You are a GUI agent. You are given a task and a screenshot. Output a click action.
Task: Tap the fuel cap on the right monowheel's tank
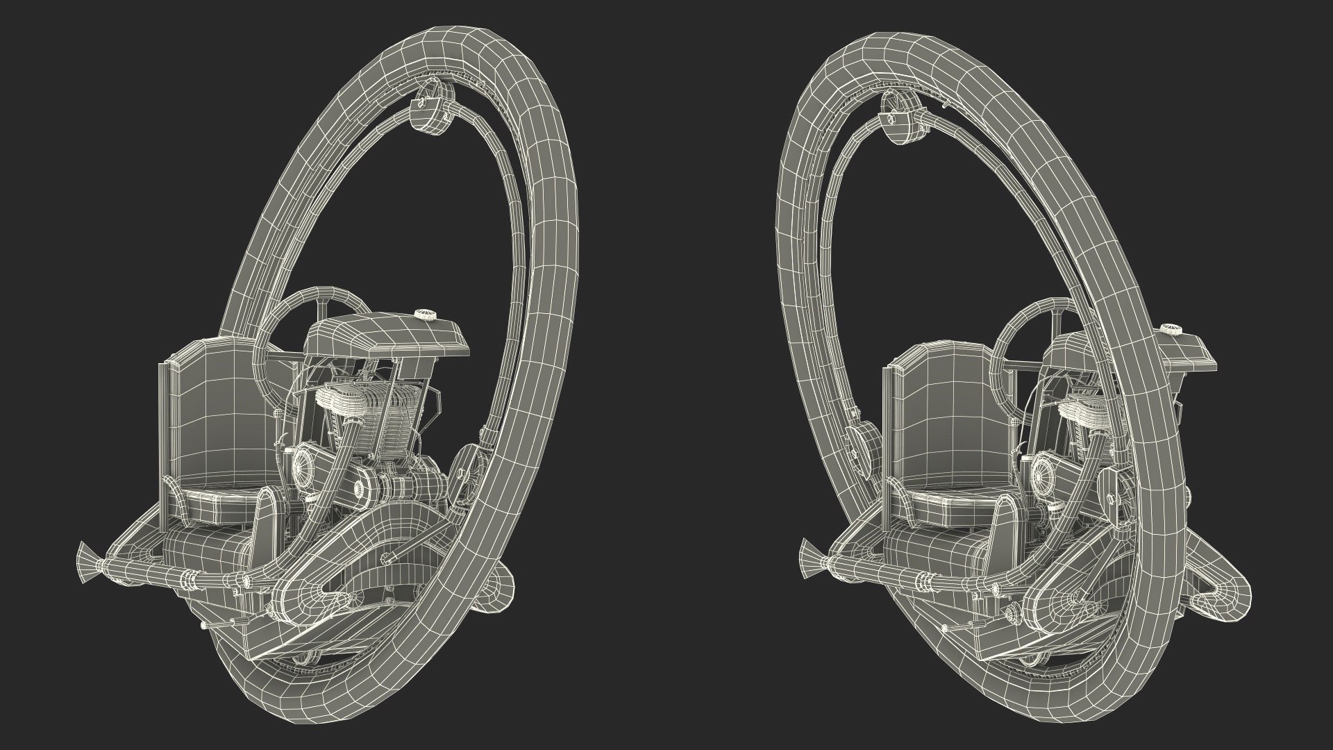1171,329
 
